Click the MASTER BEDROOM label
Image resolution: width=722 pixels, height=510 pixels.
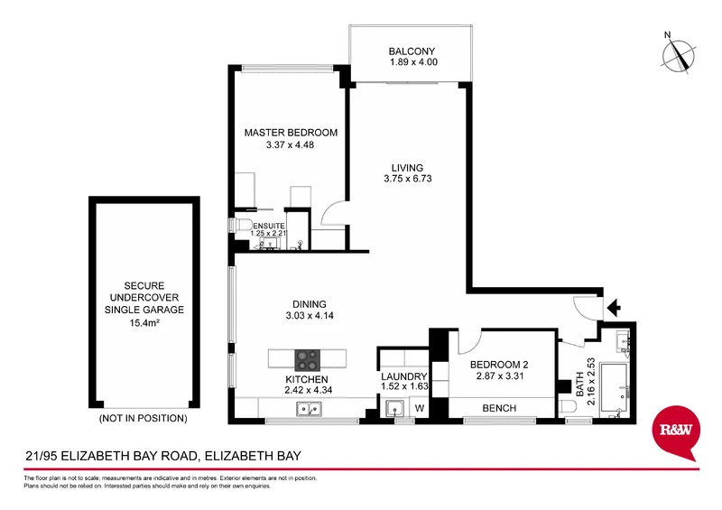point(291,133)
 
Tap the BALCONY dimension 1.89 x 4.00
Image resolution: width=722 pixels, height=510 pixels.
point(412,63)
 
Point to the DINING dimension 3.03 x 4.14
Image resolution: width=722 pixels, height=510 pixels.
point(308,317)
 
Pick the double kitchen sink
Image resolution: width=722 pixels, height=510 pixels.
point(308,412)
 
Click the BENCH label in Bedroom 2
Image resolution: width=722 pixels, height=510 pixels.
point(499,409)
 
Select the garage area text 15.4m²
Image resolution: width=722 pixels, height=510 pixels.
point(144,322)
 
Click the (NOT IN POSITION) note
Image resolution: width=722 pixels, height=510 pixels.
point(144,419)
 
